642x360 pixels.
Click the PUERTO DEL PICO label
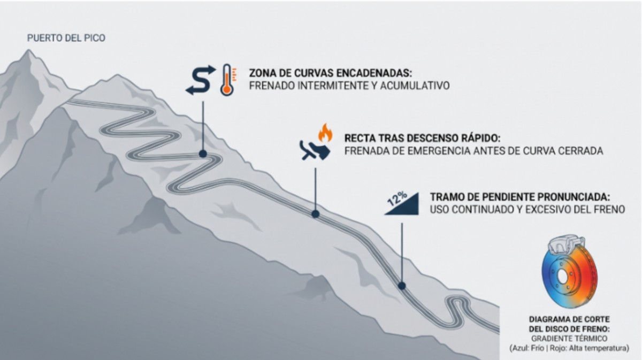(66, 38)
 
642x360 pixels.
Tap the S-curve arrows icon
(201, 80)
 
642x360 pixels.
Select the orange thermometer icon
(227, 80)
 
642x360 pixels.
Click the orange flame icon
(325, 133)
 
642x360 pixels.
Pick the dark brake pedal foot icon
(315, 150)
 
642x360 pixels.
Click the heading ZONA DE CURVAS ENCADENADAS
(331, 73)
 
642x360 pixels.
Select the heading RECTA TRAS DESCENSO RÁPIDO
(422, 138)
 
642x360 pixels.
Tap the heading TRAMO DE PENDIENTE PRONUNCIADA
(520, 197)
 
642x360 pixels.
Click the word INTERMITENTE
(332, 86)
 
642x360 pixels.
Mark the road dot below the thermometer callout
(203, 154)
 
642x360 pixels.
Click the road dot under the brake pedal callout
(316, 214)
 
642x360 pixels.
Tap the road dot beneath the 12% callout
(402, 286)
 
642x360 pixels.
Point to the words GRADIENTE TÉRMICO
(569, 339)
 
